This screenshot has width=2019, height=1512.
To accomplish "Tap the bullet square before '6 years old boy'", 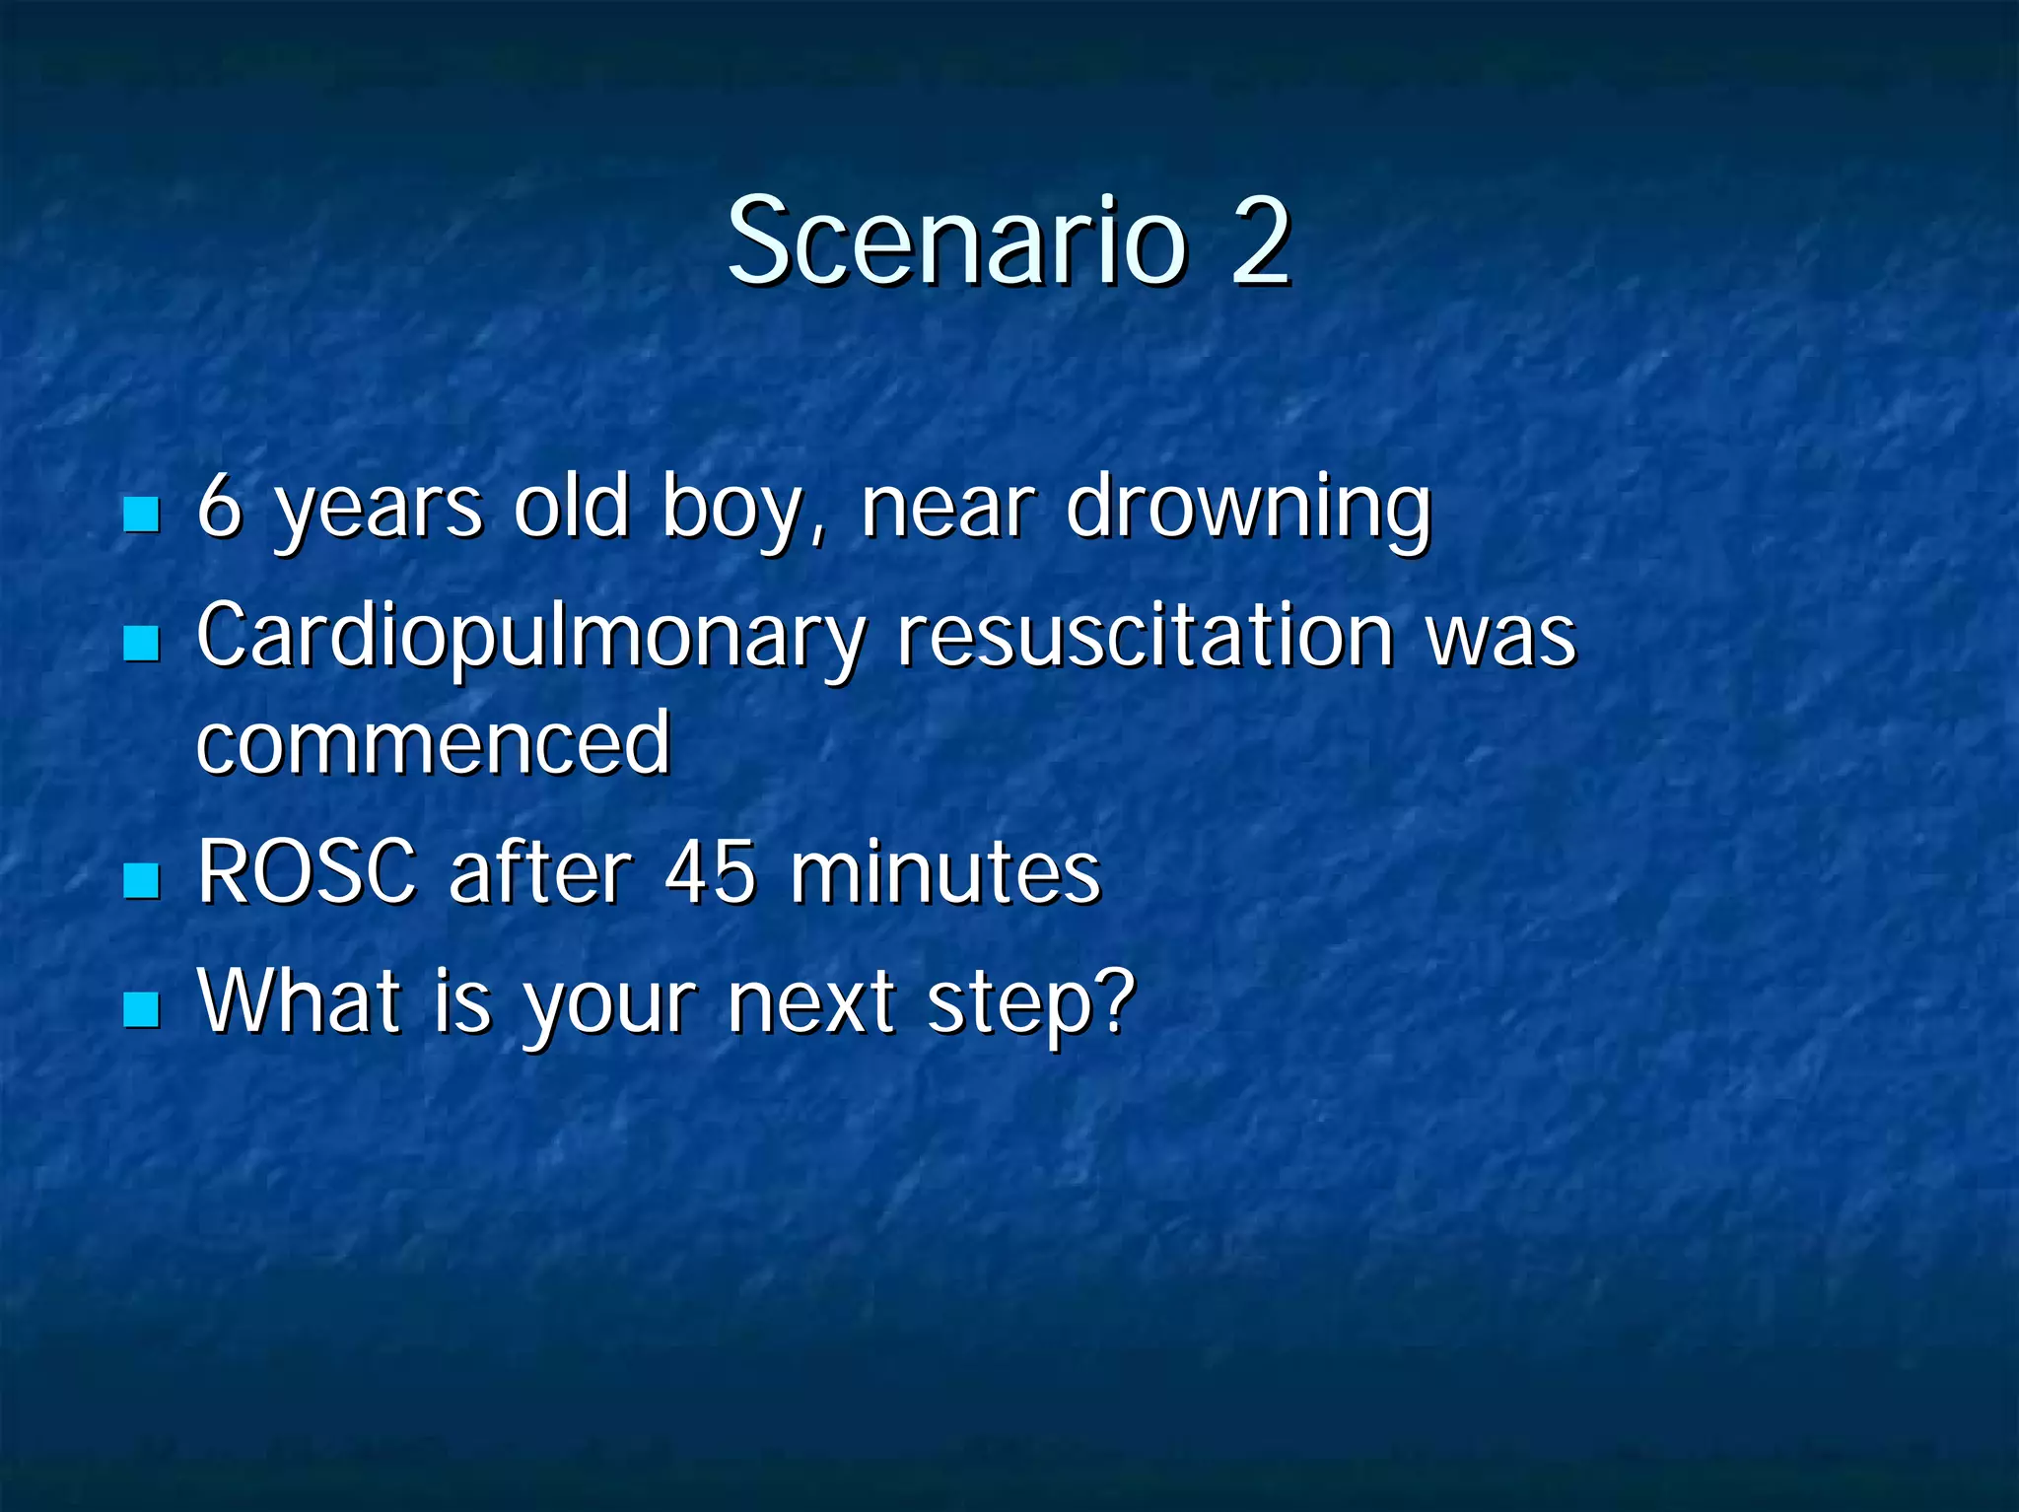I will (x=142, y=514).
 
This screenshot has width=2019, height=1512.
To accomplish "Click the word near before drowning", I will (x=947, y=510).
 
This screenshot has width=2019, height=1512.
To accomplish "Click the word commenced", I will (x=434, y=743).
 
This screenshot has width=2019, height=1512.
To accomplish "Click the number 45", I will (x=711, y=871).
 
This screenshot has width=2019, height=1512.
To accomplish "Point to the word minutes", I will (x=944, y=871).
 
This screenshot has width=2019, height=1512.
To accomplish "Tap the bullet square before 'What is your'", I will (x=142, y=1009).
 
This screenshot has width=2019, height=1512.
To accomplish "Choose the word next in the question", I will (x=810, y=1003).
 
